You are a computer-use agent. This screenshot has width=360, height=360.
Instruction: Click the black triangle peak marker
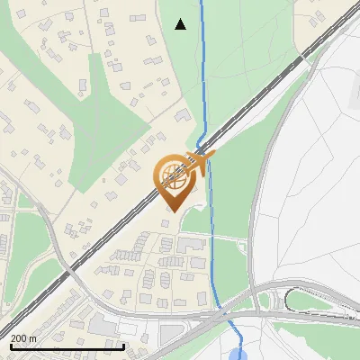[181, 24]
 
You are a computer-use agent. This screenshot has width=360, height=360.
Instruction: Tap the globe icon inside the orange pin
[174, 175]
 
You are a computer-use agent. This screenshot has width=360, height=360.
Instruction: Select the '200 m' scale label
[23, 337]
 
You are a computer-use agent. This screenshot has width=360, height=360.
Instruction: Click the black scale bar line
[67, 346]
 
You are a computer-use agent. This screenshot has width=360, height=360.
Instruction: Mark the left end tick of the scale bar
[11, 344]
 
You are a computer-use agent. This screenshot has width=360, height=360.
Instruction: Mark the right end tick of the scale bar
[124, 344]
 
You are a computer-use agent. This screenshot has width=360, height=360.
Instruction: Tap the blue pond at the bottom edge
[238, 353]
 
